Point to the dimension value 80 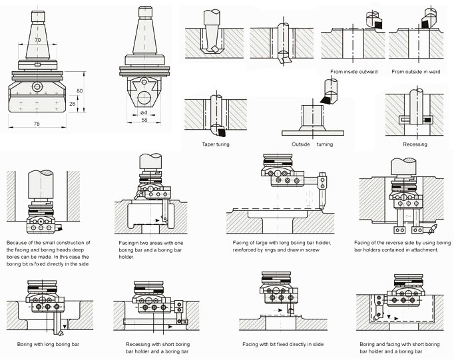click(81, 91)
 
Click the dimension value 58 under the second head click(144, 119)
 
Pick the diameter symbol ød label click(144, 112)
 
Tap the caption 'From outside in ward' click(415, 71)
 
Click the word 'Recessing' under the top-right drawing click(415, 144)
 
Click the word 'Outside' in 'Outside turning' click(302, 144)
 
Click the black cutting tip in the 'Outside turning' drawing click(326, 99)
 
